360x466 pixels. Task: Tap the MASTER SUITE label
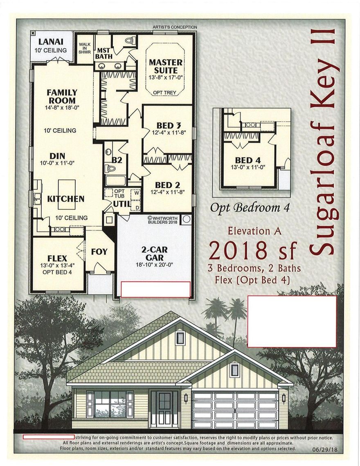click(x=166, y=66)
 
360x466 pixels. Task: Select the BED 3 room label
click(x=169, y=125)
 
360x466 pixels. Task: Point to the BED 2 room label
click(x=168, y=185)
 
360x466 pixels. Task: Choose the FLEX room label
click(x=57, y=258)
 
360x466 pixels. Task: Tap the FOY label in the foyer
click(x=99, y=251)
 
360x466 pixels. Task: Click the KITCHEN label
click(x=66, y=199)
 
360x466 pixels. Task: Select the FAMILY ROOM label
click(x=62, y=96)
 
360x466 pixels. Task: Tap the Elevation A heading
click(x=249, y=231)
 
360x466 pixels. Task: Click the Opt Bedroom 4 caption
click(x=250, y=207)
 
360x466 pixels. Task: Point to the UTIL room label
click(x=122, y=203)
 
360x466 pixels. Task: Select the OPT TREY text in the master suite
click(x=164, y=93)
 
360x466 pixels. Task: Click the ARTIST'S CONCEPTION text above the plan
click(x=175, y=27)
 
